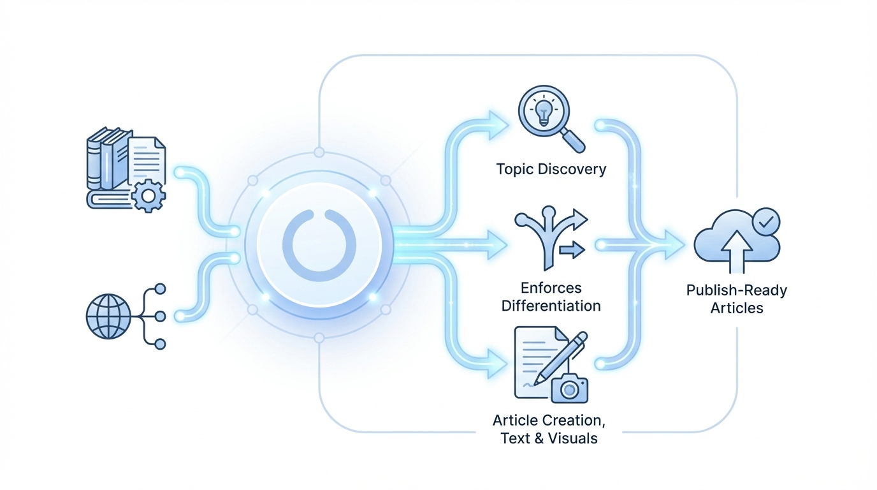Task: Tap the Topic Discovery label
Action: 551,169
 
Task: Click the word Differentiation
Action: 551,306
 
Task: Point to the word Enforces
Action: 551,288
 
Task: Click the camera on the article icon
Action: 570,388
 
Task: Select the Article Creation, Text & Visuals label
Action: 549,429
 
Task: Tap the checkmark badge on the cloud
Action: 764,223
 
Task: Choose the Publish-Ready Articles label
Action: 737,299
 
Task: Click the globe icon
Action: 108,316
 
